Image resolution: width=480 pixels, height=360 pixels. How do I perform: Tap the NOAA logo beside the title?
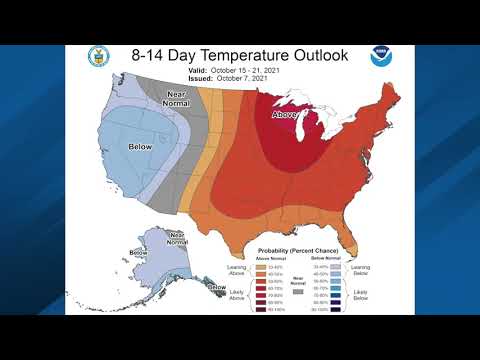click(x=382, y=56)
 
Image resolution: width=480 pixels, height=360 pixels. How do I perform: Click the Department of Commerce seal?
click(x=97, y=56)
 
